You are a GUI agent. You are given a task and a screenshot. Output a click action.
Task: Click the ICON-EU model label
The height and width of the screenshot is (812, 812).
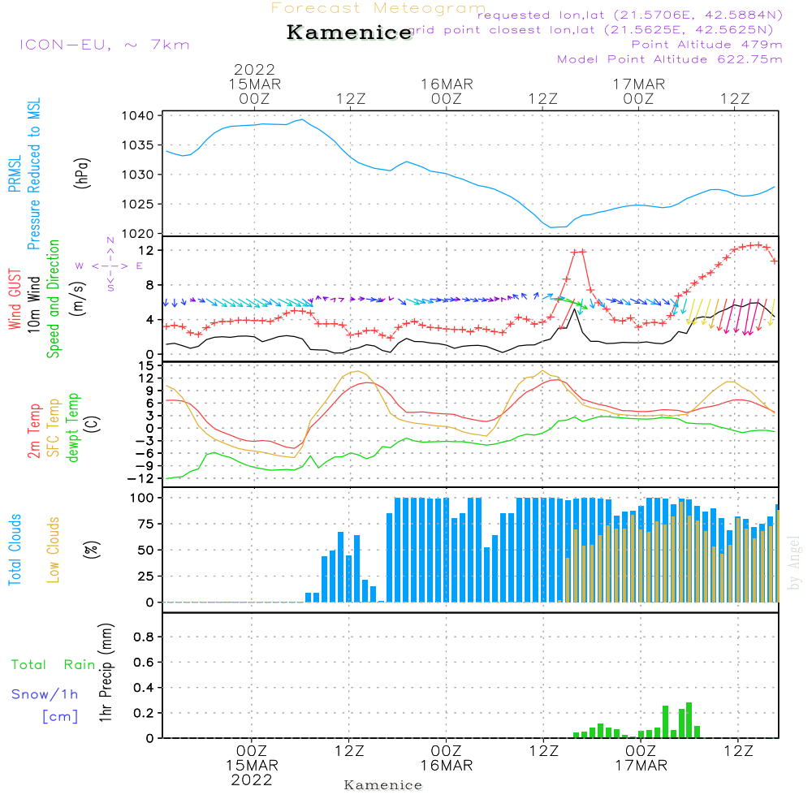[104, 45]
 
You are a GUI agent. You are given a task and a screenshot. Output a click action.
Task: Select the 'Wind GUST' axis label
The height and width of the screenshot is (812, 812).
[15, 300]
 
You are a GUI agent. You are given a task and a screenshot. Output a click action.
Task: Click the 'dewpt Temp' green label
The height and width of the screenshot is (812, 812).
[73, 429]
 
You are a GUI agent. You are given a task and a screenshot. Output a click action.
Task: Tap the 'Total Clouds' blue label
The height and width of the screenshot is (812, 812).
[15, 550]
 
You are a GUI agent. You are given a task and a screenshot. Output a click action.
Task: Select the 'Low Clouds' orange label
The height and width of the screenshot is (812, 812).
[54, 550]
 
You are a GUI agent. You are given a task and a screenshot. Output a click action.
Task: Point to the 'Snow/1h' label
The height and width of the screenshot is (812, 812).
[45, 695]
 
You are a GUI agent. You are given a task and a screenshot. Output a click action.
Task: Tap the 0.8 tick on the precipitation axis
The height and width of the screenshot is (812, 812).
[143, 637]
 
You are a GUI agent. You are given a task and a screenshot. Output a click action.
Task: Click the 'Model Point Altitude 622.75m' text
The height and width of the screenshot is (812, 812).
[670, 59]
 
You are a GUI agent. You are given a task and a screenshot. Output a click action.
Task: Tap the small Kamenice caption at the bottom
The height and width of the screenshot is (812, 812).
[383, 785]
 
